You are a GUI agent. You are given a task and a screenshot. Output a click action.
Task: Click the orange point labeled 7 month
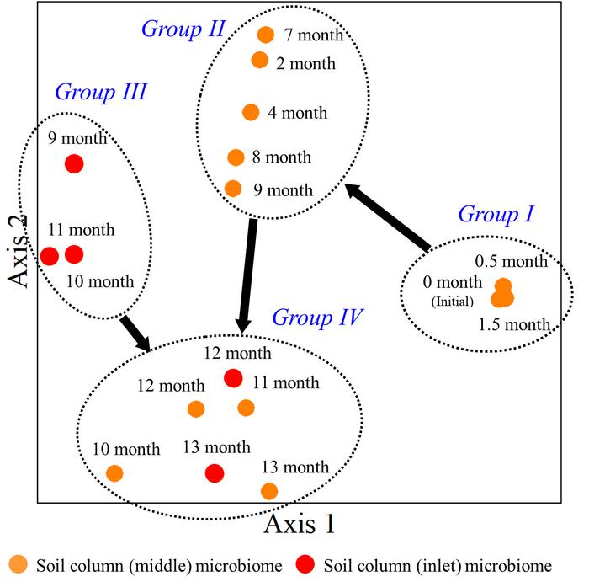[x=265, y=35]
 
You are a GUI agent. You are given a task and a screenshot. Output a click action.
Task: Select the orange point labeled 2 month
[x=260, y=60]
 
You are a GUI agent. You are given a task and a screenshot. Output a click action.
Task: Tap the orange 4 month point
[x=251, y=112]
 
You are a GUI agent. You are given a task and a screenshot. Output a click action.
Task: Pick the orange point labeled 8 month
[x=236, y=157]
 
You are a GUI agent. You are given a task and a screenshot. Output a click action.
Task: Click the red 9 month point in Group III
[x=74, y=163]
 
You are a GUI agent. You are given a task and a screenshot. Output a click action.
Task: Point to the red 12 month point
[x=233, y=379]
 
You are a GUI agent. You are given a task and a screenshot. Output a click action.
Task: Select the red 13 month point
[x=215, y=473]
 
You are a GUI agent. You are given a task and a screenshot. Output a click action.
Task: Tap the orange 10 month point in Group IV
[x=114, y=474]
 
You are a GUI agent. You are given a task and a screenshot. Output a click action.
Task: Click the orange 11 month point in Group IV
[x=246, y=408]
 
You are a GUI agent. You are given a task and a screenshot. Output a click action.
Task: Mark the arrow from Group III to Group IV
[x=135, y=333]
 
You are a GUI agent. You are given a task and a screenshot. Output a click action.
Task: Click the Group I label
[x=496, y=215]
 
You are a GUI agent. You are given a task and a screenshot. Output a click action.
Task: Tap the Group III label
[x=100, y=92]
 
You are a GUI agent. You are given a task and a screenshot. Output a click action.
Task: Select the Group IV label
[x=317, y=318]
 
